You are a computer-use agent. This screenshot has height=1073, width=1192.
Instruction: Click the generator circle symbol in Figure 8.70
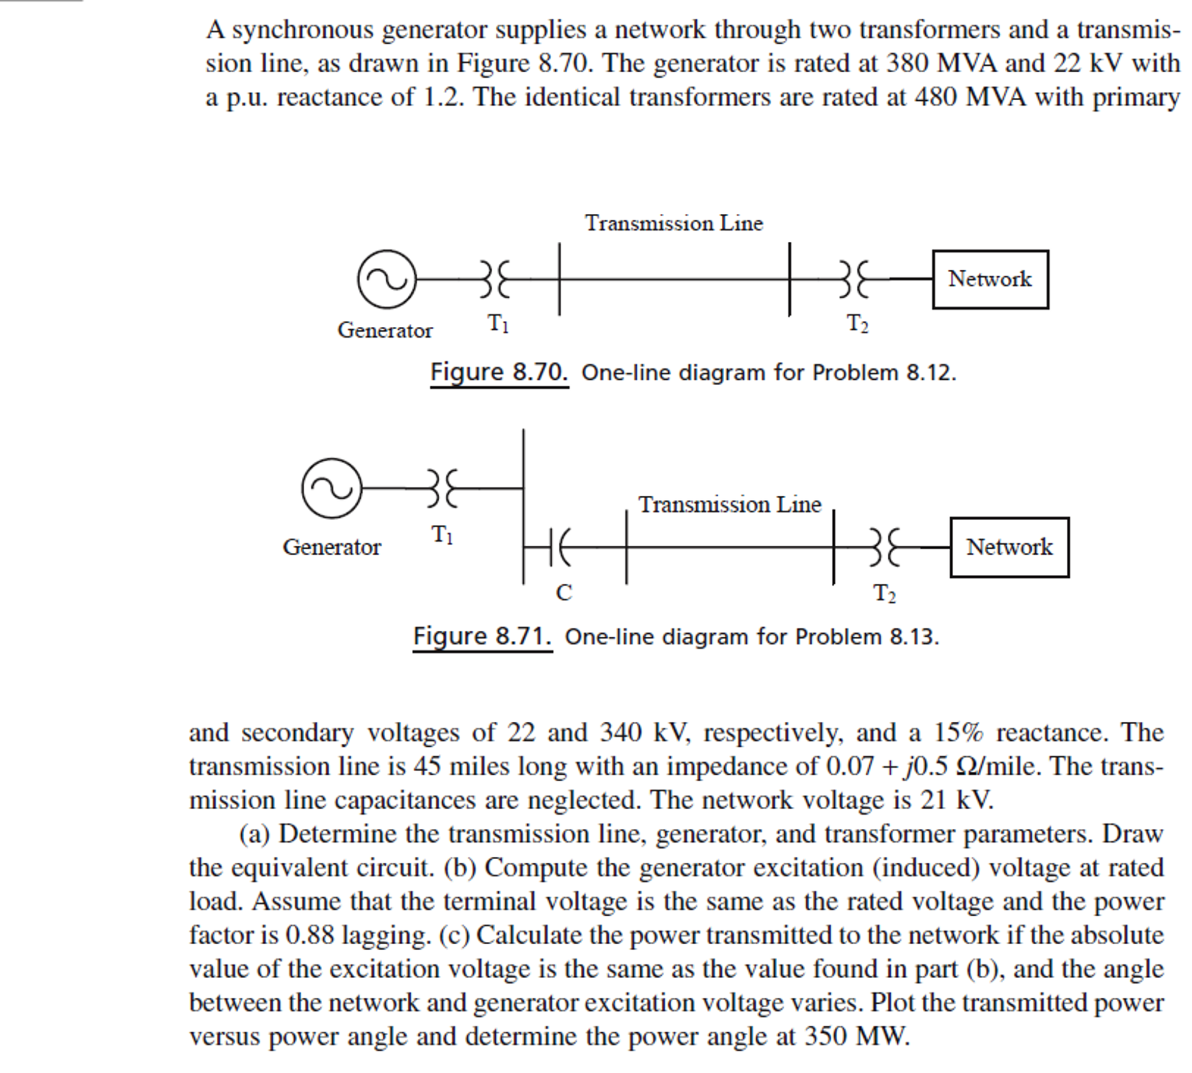386,279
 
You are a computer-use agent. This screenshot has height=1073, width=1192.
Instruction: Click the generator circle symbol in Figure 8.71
331,488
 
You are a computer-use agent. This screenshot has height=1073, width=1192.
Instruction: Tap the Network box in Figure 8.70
990,280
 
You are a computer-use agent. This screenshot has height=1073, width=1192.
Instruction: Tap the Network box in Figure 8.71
1008,547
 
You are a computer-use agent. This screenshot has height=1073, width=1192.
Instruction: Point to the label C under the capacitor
563,592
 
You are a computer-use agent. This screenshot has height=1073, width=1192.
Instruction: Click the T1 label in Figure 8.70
498,324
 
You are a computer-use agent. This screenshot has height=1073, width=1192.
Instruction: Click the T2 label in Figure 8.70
857,324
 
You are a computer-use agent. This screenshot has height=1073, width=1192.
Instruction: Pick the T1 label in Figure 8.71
442,535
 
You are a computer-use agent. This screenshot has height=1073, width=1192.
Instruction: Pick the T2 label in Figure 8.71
884,593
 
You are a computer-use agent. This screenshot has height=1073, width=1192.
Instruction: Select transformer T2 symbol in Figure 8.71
884,548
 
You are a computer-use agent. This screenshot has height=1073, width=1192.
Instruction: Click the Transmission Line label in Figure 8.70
673,224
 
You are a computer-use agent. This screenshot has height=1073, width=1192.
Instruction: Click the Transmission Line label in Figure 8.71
729,504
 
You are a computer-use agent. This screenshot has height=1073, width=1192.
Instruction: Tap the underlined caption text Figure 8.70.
499,373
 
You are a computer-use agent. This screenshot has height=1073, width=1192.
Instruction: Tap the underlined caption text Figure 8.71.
482,637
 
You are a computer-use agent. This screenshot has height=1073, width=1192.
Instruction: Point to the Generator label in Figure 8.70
385,330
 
